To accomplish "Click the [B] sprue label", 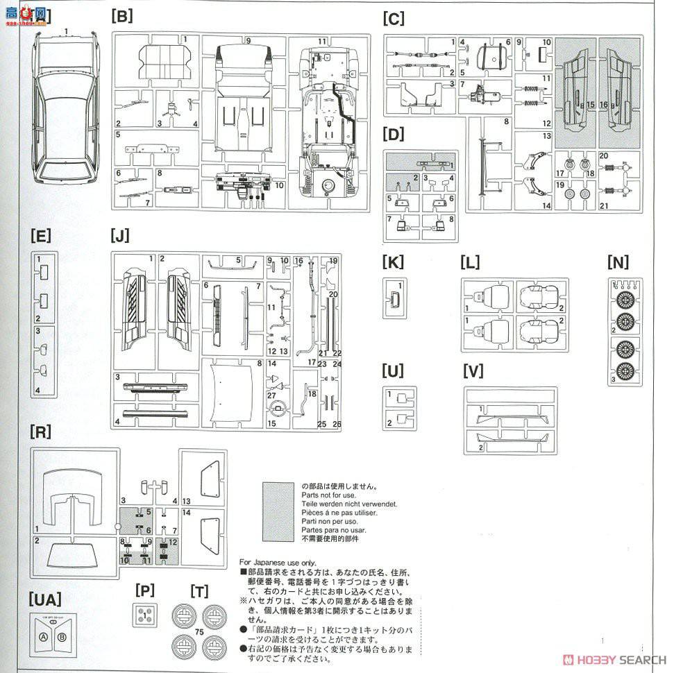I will pos(121,17).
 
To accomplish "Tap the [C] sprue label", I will pos(393,19).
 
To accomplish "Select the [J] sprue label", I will pos(119,236).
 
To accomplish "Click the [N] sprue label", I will pos(617,262).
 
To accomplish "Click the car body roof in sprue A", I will pos(67,111).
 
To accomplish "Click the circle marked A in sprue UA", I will pos(43,637).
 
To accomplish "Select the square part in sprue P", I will pos(144,615).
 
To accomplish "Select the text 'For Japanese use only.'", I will pos(277,562).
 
